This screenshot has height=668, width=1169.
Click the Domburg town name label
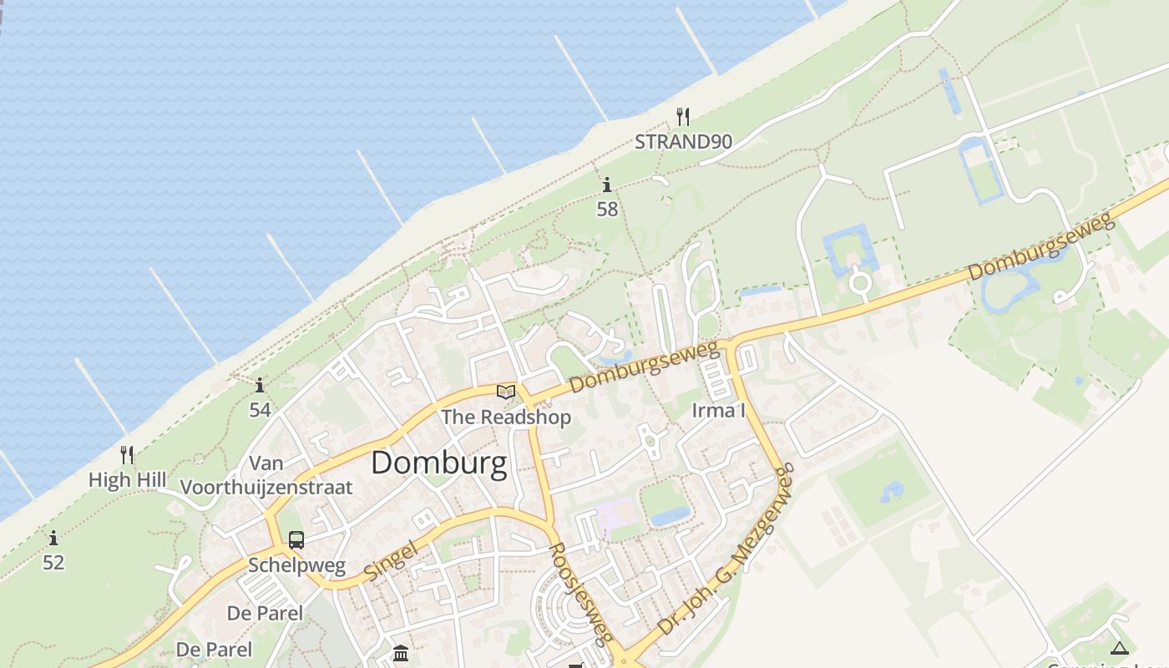[438, 463]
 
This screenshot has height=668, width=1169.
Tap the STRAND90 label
[683, 142]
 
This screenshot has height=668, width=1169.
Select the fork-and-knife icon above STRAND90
[683, 116]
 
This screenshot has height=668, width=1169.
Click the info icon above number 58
[607, 185]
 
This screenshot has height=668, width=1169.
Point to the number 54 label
[260, 410]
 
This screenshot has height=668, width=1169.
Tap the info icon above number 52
[53, 539]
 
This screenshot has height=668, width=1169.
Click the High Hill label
[127, 480]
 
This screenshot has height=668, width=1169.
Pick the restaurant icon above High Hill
[127, 454]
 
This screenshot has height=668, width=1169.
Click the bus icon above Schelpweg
[296, 539]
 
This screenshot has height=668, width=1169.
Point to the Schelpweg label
[296, 565]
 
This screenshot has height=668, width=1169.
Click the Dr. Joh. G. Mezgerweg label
[725, 552]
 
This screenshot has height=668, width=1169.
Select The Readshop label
[506, 417]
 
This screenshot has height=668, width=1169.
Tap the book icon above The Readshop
[506, 391]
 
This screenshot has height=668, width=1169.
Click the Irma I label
[718, 411]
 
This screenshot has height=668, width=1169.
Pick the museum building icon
[401, 652]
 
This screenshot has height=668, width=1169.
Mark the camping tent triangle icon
[1120, 648]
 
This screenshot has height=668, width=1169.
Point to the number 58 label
[607, 210]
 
